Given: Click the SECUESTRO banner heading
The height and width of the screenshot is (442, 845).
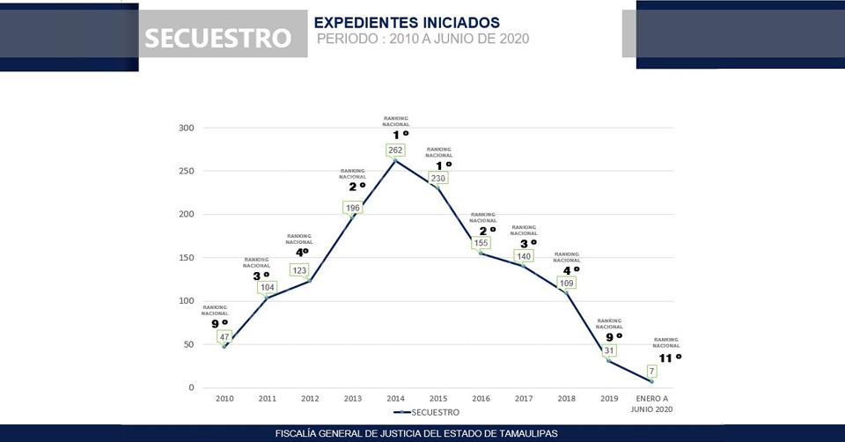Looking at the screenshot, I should pos(217,38).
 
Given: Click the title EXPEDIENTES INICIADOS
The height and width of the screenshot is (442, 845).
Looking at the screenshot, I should pos(407,22).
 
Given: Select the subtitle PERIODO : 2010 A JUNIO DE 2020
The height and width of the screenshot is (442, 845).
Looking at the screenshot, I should pos(422,40).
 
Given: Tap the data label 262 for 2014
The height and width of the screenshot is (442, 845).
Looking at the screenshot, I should pos(395,150).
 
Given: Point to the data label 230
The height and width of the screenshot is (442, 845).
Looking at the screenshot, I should pos(438,178).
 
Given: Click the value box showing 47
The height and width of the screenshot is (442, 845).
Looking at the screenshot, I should pos(224,336).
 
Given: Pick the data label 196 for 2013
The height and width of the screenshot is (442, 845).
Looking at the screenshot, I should pos(353,208).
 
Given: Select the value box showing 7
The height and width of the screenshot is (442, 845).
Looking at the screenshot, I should pos(651,371).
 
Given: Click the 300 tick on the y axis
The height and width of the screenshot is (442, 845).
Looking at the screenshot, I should pos(186,128).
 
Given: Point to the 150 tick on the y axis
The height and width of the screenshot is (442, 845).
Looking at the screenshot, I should pos(186,257).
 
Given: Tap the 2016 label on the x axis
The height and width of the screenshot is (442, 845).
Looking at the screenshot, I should pos(481,399).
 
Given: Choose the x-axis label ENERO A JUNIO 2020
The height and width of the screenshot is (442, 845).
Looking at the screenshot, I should pos(652,403).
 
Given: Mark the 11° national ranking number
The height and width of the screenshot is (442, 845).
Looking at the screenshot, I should pos(668,357).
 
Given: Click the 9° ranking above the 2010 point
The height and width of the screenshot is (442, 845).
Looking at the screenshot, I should pos(219,324).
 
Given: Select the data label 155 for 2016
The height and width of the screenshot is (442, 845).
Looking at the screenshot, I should pos(481,243).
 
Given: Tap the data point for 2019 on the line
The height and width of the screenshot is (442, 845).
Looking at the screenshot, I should pos(609,360).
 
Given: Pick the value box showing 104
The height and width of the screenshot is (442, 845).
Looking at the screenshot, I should pos(268,287).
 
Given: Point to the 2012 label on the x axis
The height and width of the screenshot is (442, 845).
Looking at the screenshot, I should pos(310,399).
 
